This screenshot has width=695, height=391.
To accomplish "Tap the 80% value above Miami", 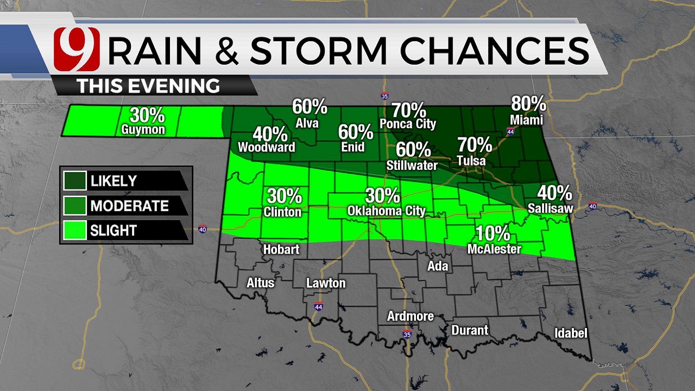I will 528,104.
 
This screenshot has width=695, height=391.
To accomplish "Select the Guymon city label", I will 143,130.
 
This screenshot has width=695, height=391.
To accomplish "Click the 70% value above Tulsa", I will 475,146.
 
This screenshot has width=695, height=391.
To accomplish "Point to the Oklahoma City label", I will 386,211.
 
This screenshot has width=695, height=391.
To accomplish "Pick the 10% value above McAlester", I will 493,234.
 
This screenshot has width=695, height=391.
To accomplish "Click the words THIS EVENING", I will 148,86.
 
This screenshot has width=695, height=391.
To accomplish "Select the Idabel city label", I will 571,333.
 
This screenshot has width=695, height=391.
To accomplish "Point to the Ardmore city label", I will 410,316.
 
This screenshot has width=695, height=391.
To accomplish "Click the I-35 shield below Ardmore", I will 407,334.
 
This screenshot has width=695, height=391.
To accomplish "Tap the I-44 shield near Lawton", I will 318,306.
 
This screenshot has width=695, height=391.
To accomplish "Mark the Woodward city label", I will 267,147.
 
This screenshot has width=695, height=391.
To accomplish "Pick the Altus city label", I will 261,283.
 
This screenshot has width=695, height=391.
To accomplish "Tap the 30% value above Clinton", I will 284,195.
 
